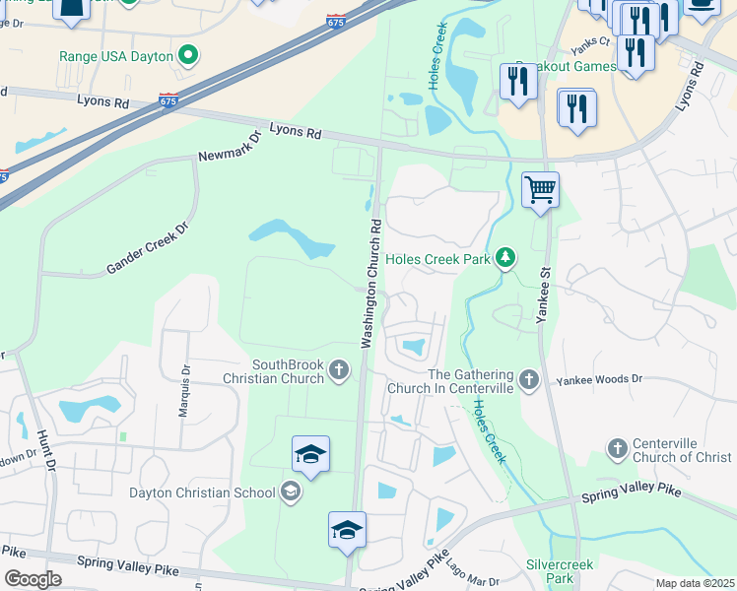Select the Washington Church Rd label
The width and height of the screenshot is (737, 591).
(370, 285)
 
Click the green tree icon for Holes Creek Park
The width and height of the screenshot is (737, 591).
(505, 258)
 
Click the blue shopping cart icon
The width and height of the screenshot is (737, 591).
(540, 189)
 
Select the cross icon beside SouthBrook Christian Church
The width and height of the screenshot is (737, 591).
(338, 370)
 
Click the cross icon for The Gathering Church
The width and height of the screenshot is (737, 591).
(530, 380)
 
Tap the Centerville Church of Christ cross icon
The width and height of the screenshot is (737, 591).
(618, 449)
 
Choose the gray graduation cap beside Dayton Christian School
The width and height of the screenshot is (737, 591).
(291, 491)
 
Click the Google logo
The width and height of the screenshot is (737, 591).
(33, 578)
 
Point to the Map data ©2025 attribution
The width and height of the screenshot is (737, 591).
(694, 583)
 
